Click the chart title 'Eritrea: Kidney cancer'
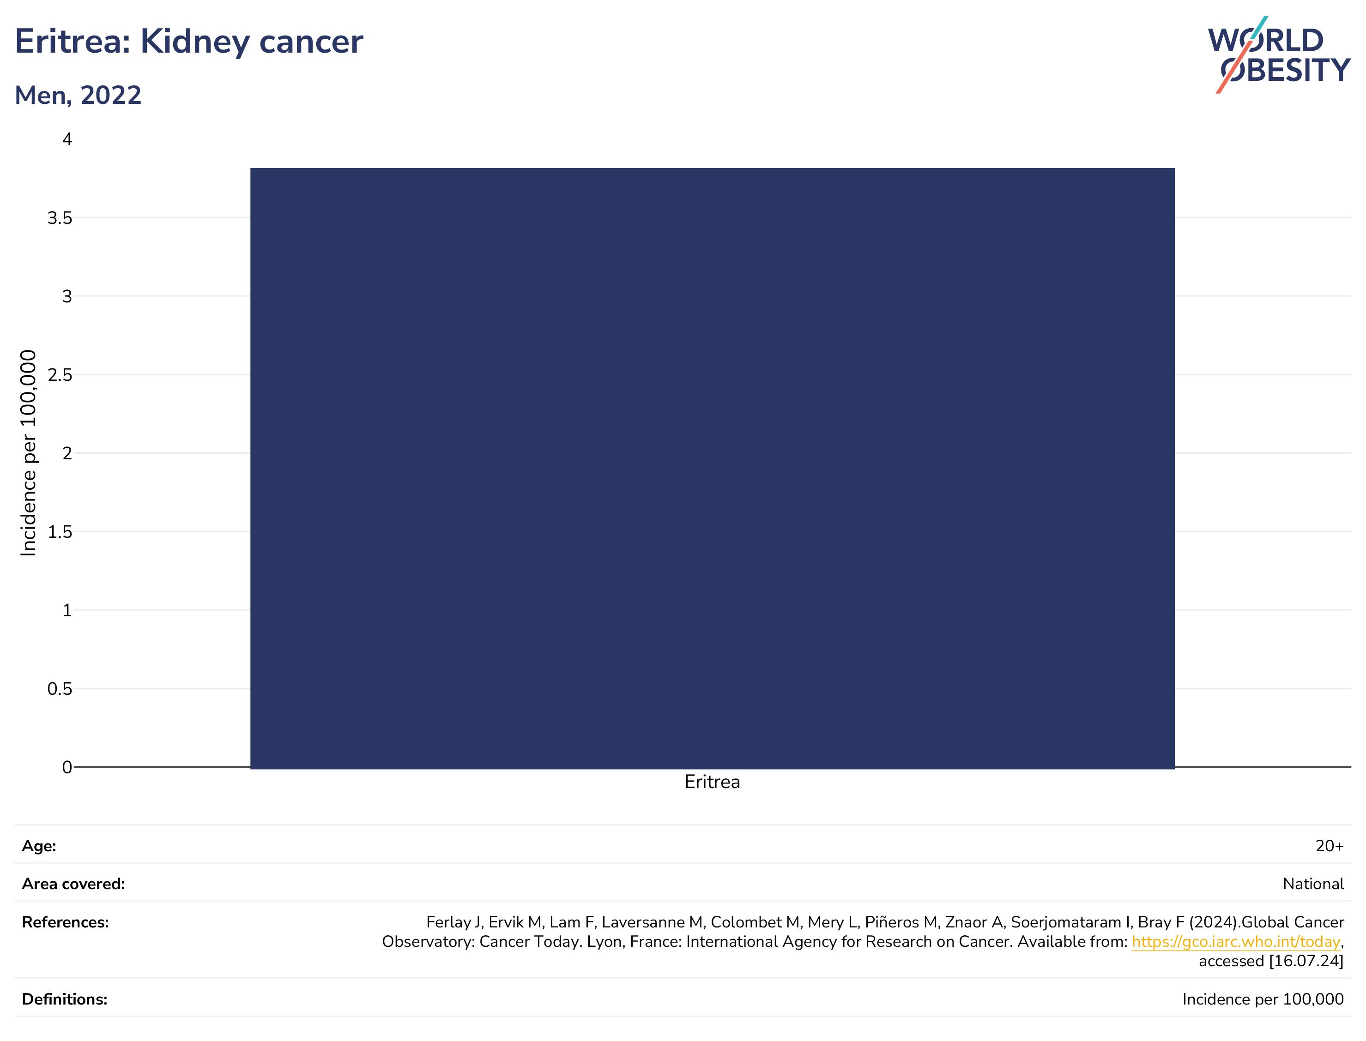pyautogui.click(x=188, y=42)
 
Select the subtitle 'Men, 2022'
pyautogui.click(x=78, y=96)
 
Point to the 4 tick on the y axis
pyautogui.click(x=67, y=139)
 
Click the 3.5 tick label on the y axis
pyautogui.click(x=60, y=217)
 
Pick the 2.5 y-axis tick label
pyautogui.click(x=60, y=375)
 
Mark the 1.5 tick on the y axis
pyautogui.click(x=60, y=532)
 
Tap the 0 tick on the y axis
pyautogui.click(x=67, y=767)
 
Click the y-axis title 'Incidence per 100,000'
pyautogui.click(x=29, y=453)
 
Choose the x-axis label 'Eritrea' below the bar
pyautogui.click(x=712, y=782)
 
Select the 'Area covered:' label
pyautogui.click(x=73, y=884)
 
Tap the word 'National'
pyautogui.click(x=1313, y=884)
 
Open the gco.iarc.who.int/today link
pyautogui.click(x=1236, y=942)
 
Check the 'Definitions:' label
pyautogui.click(x=65, y=999)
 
